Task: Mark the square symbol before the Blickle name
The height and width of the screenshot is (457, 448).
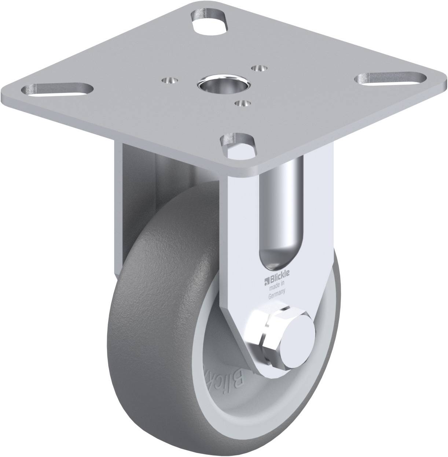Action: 267,273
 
